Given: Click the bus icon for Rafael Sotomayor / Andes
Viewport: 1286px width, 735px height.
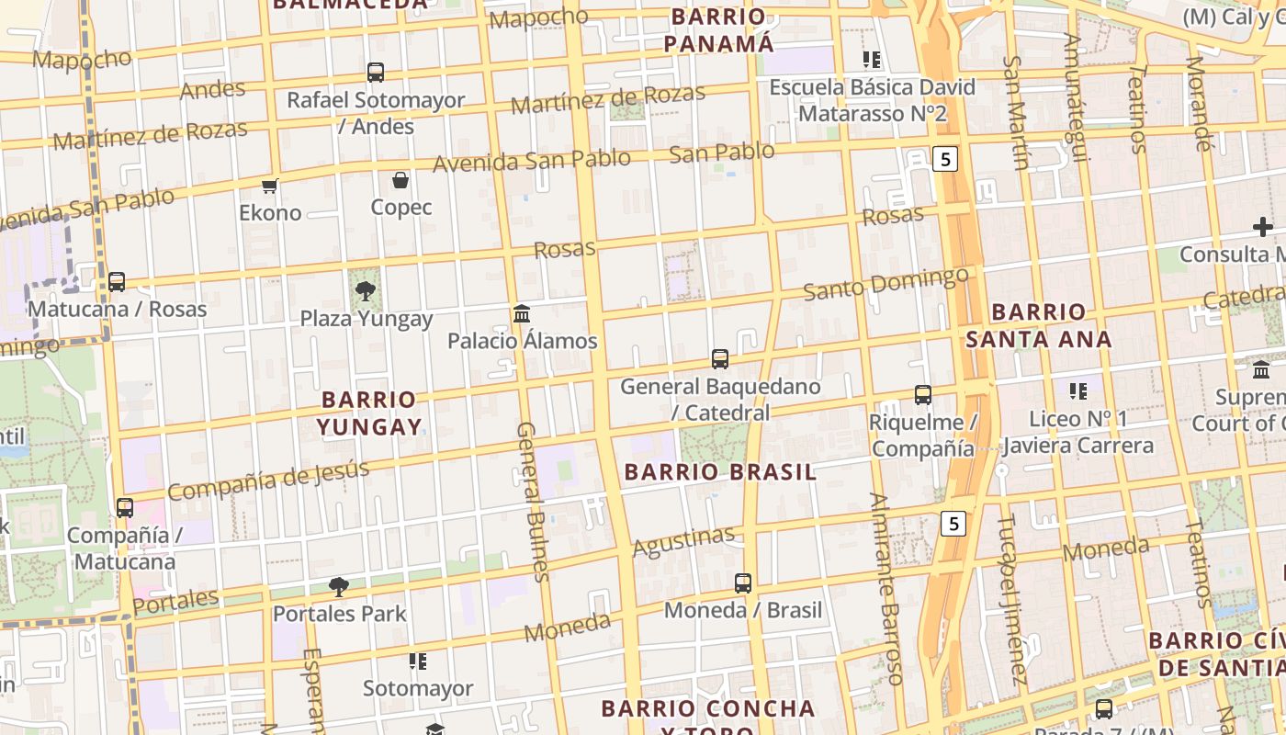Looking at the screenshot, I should [375, 73].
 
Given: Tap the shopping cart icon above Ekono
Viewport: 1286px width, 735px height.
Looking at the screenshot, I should [270, 187].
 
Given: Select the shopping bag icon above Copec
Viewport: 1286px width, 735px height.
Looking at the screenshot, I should [400, 180].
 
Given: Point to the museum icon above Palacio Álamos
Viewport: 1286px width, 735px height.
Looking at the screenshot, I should [522, 314].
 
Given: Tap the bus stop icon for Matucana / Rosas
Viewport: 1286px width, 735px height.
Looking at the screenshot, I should [117, 282].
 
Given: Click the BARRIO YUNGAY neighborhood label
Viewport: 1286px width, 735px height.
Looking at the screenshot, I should [369, 413].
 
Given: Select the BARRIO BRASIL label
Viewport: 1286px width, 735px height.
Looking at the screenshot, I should [720, 472].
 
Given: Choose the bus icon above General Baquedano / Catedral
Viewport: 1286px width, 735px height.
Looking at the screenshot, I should [720, 359].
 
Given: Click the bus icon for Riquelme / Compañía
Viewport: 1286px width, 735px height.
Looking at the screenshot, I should [923, 395].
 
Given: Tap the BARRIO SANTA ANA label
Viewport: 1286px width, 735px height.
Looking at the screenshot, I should [1039, 325].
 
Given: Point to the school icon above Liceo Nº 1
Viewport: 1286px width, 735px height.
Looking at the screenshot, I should [1078, 391].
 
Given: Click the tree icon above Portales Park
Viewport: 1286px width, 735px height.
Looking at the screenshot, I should [339, 586].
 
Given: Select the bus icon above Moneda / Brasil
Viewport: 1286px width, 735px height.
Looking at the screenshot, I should [743, 583].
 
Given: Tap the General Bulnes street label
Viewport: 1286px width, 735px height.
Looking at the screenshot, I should [533, 501].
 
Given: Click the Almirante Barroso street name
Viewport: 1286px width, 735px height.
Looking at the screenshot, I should [887, 588].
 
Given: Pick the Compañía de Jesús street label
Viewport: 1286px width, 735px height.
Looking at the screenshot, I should [268, 481].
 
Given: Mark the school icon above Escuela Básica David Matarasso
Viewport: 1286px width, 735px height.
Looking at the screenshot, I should [872, 61].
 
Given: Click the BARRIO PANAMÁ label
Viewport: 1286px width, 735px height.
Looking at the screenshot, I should [719, 30].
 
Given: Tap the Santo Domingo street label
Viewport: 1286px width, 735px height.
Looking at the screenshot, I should [886, 283].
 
